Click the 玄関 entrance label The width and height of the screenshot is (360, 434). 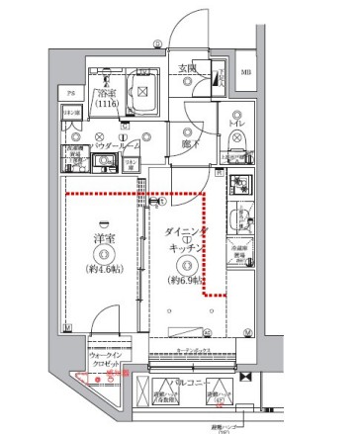pos(187,67)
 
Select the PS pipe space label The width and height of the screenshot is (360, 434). pos(70,93)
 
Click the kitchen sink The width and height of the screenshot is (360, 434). pos(238,218)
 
